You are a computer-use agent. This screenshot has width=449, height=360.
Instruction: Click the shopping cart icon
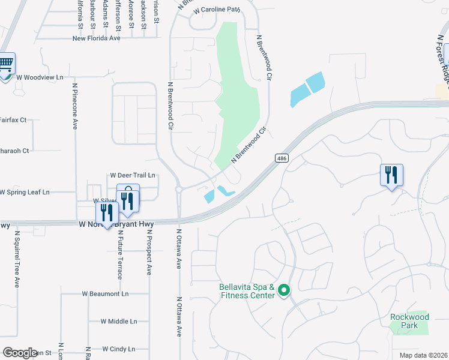5,63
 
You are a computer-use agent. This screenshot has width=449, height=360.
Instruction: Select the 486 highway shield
281,158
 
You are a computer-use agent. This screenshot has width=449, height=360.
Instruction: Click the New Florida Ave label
96,38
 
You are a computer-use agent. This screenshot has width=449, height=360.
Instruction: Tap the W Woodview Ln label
40,77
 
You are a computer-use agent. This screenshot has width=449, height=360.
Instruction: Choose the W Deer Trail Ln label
133,175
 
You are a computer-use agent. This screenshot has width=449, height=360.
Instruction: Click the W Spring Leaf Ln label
24,192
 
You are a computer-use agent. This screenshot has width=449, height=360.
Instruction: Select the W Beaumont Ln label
105,294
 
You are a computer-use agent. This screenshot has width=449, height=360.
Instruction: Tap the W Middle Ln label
118,322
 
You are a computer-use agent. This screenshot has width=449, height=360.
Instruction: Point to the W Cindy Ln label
119,349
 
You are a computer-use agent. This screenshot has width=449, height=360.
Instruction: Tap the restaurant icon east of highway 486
391,175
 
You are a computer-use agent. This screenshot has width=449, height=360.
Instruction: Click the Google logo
20,353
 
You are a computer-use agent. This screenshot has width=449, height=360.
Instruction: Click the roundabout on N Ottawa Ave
179,190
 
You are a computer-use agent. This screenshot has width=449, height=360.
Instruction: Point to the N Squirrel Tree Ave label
17,259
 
